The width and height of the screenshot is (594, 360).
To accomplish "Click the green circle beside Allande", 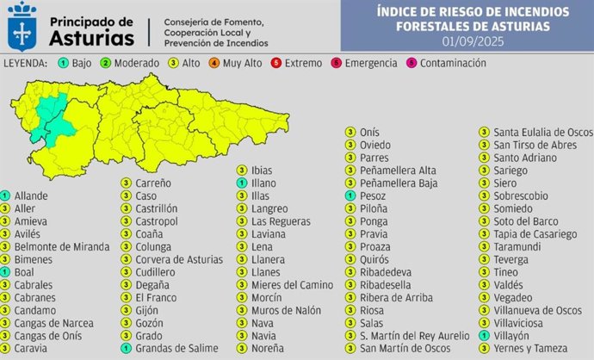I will pyautogui.click(x=5, y=196).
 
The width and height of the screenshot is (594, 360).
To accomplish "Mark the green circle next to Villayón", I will pyautogui.click(x=484, y=336).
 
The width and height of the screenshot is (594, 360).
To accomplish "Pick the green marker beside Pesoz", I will pyautogui.click(x=350, y=196).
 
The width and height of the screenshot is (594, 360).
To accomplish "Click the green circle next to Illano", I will pyautogui.click(x=242, y=183).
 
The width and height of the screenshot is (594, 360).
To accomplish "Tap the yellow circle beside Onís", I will pyautogui.click(x=350, y=132).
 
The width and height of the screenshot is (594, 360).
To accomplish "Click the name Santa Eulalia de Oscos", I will pyautogui.click(x=543, y=132).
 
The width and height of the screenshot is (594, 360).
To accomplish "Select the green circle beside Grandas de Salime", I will pyautogui.click(x=126, y=349).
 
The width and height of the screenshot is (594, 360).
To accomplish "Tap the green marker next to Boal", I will pyautogui.click(x=5, y=272).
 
